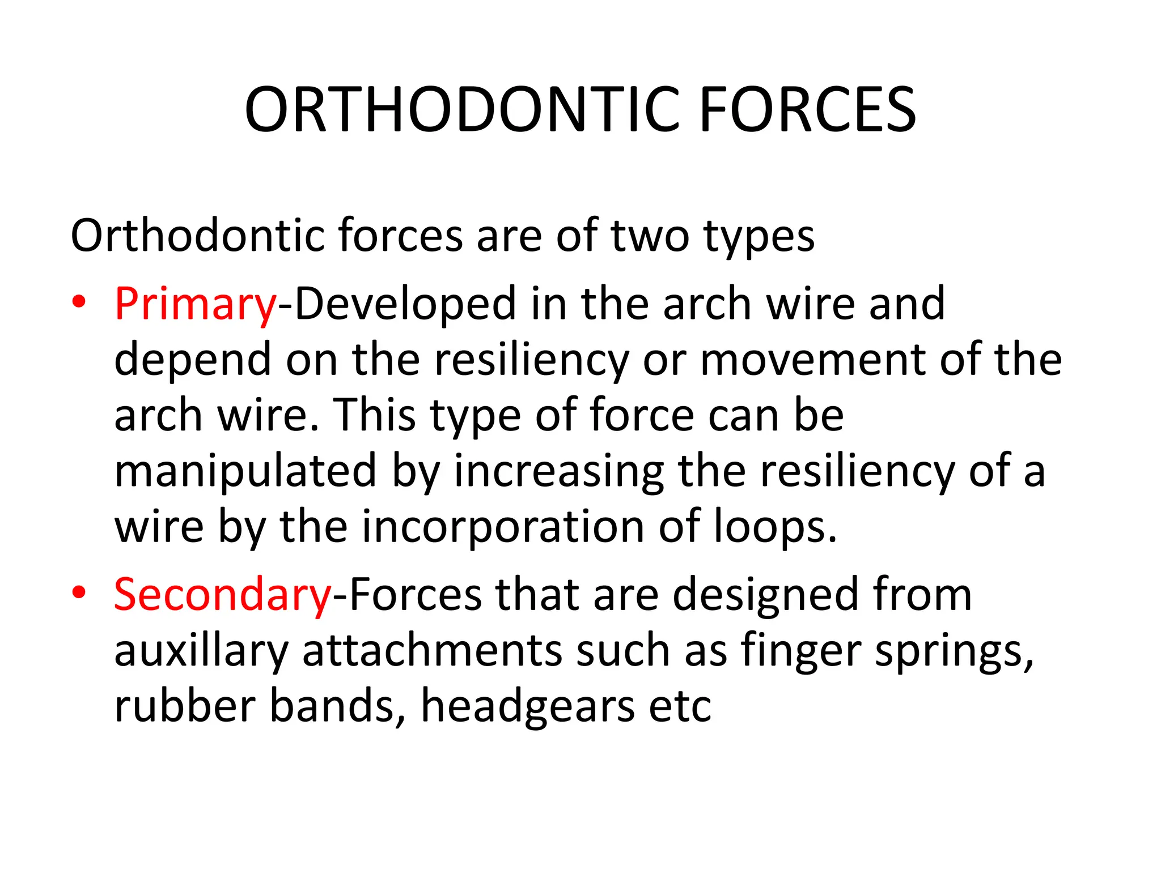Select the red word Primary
(x=195, y=304)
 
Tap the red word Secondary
(x=222, y=595)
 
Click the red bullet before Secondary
(x=79, y=592)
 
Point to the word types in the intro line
(x=759, y=236)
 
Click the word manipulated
(x=245, y=471)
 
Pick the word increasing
(x=559, y=471)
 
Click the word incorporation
(x=502, y=527)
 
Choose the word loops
(x=774, y=527)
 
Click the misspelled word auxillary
(x=201, y=651)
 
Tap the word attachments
(x=432, y=651)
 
